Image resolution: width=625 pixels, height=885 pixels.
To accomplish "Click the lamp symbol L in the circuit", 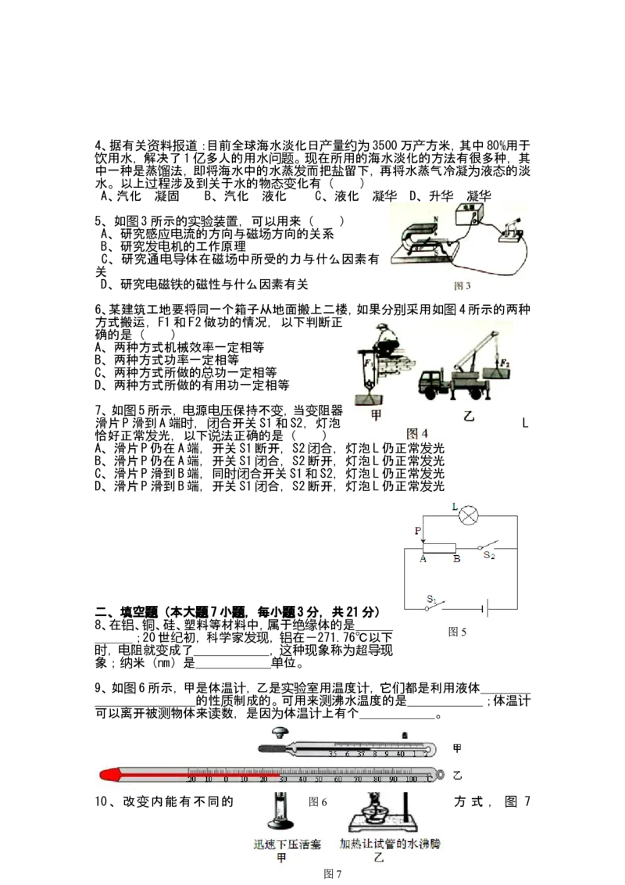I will (x=468, y=516).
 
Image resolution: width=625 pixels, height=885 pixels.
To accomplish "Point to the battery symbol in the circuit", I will (x=486, y=607).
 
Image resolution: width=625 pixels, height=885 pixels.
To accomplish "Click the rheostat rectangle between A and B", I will (x=439, y=547).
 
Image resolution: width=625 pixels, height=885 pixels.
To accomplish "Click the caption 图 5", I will (x=458, y=632).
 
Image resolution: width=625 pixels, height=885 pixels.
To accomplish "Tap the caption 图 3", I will (x=462, y=286).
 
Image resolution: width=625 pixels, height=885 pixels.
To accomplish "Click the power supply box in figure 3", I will (x=472, y=213).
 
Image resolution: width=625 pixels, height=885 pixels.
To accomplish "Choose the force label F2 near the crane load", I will (x=504, y=363).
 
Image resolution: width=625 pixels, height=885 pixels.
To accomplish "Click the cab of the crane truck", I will (x=431, y=382).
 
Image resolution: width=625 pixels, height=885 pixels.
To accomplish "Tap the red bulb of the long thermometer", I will (x=110, y=774).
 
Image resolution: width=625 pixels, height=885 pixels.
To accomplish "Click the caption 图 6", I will (x=318, y=802).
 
